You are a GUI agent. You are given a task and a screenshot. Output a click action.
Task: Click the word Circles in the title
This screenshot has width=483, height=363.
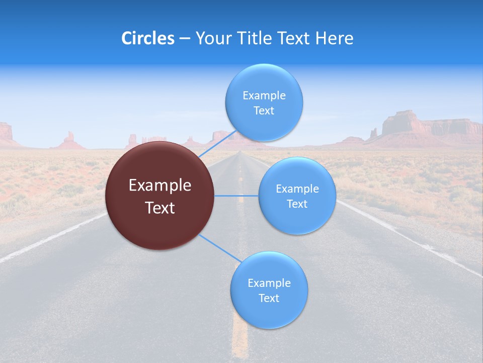pos(148,38)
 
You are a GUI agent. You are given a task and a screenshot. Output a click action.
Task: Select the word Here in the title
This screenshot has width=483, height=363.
pos(334,38)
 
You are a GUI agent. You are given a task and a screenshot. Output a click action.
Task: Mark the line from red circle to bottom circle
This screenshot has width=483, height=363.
pos(219,249)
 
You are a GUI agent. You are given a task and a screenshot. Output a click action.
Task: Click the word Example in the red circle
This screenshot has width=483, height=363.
pos(160,186)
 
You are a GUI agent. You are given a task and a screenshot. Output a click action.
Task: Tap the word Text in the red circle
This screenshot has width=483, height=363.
pos(160,208)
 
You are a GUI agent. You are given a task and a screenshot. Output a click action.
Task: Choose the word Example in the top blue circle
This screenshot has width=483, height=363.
pos(264,95)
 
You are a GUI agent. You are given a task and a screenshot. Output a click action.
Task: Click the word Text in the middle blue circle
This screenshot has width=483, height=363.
pos(297,204)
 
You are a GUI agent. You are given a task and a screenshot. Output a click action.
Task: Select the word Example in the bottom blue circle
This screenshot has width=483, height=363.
pos(269,283)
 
